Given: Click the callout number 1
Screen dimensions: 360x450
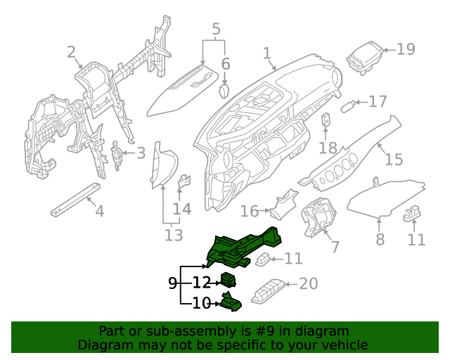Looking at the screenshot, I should click(267, 53).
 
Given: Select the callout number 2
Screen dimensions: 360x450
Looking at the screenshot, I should click(71, 52).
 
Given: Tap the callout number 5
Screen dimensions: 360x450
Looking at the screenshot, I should click(215, 29).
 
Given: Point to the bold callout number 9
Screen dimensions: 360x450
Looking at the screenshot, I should click(173, 283).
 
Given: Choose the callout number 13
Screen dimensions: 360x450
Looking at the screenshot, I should click(173, 234).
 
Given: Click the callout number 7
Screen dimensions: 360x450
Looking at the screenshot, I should click(335, 247).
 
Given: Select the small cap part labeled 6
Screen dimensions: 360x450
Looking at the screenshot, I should click(224, 91).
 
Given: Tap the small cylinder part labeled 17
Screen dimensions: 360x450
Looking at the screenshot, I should click(348, 108).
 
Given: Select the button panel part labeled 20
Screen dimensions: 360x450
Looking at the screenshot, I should click(266, 290).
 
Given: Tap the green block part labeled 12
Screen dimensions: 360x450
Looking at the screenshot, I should click(228, 280).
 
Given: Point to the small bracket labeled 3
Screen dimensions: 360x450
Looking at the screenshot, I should click(116, 153).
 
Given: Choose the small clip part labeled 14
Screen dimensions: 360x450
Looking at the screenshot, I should click(184, 181).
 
